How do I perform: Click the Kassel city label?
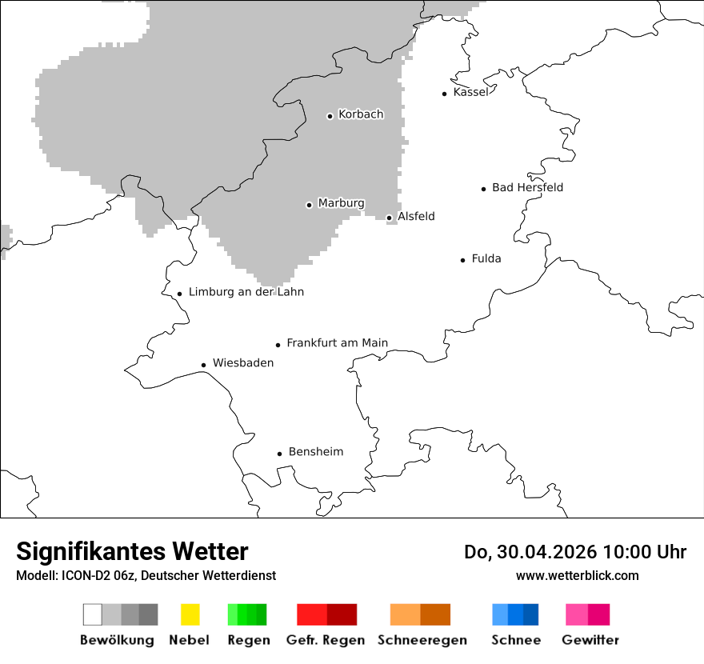pyautogui.click(x=470, y=92)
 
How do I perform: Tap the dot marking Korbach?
pyautogui.click(x=330, y=116)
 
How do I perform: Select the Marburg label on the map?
pyautogui.click(x=341, y=203)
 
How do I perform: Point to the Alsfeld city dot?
pyautogui.click(x=390, y=218)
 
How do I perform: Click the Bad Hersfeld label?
pyautogui.click(x=527, y=187)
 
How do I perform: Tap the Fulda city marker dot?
pyautogui.click(x=463, y=260)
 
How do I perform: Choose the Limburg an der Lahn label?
pyautogui.click(x=246, y=292)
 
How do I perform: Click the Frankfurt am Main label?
pyautogui.click(x=337, y=343)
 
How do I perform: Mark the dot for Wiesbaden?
pyautogui.click(x=204, y=366)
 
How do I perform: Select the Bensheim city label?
pyautogui.click(x=315, y=452)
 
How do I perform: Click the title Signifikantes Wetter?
pyautogui.click(x=132, y=552)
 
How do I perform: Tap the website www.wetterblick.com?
pyautogui.click(x=577, y=576)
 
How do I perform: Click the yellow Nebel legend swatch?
pyautogui.click(x=190, y=614)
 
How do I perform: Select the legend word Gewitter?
pyautogui.click(x=590, y=640)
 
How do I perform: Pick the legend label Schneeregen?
pyautogui.click(x=422, y=640)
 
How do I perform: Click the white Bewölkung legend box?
pyautogui.click(x=93, y=614)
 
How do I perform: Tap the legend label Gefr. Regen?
pyautogui.click(x=325, y=640)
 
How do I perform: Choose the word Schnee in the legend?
pyautogui.click(x=515, y=640)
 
